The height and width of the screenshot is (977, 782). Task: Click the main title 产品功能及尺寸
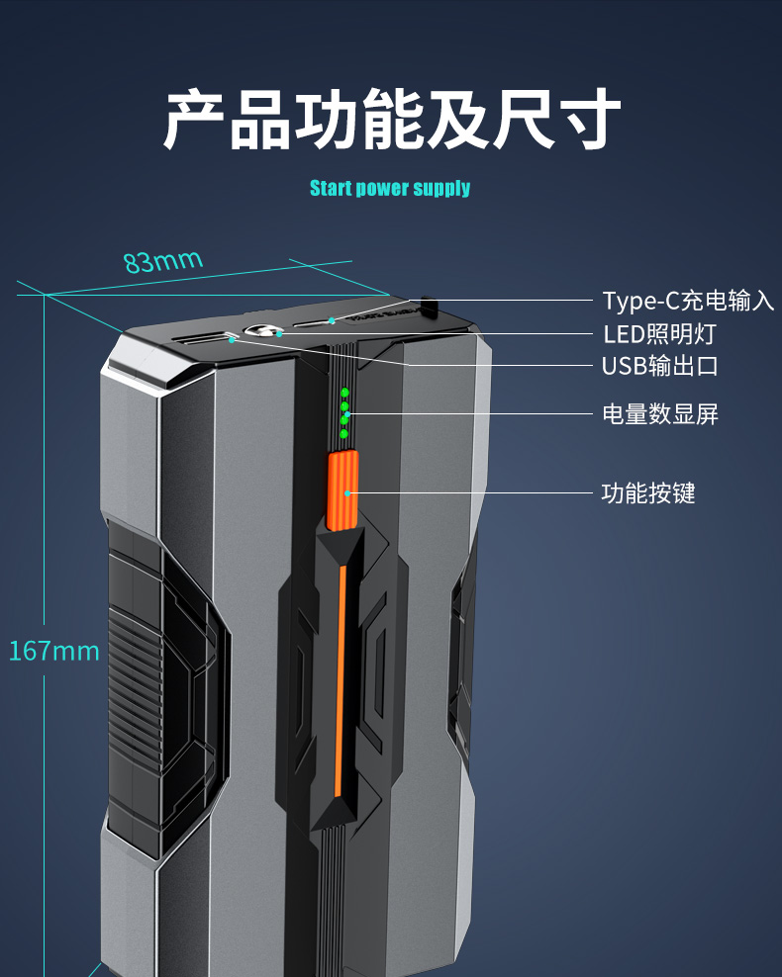pyautogui.click(x=392, y=121)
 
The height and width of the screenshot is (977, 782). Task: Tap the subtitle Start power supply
pyautogui.click(x=390, y=188)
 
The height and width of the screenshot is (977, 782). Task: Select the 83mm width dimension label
pyautogui.click(x=163, y=262)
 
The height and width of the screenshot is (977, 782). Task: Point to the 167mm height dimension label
pyautogui.click(x=54, y=652)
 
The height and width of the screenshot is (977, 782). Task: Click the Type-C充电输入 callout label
pyautogui.click(x=688, y=301)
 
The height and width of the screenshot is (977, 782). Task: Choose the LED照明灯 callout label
pyautogui.click(x=659, y=333)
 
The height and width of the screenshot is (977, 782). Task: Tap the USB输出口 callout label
pyautogui.click(x=660, y=366)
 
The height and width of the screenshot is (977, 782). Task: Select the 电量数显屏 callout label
pyautogui.click(x=660, y=414)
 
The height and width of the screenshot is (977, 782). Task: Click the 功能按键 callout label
pyautogui.click(x=648, y=492)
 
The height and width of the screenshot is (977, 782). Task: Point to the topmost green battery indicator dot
pyautogui.click(x=344, y=393)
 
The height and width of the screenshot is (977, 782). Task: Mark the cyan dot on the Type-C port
pyautogui.click(x=333, y=321)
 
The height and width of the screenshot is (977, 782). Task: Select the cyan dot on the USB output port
pyautogui.click(x=231, y=339)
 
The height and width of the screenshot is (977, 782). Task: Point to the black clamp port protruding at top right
pyautogui.click(x=429, y=307)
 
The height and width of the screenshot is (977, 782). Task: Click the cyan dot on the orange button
pyautogui.click(x=347, y=490)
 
